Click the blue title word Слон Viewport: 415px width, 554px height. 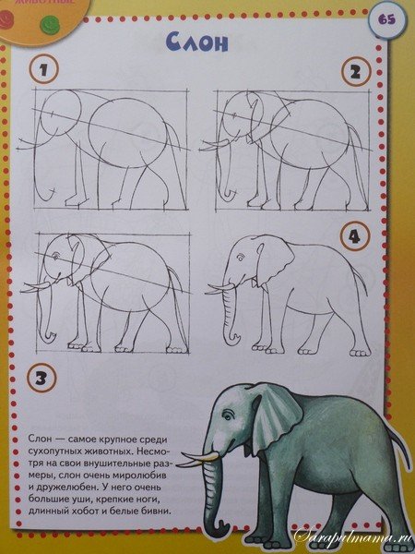[197, 42]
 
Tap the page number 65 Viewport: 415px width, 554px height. [386, 19]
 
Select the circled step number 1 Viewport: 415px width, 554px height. [43, 68]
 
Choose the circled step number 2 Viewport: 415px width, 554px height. [356, 71]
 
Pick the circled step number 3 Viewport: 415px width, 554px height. [41, 378]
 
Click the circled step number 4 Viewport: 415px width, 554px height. [355, 236]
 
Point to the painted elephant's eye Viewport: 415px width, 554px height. [229, 415]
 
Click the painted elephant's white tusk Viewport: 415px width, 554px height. [197, 460]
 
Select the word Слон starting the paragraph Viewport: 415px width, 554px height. [40, 439]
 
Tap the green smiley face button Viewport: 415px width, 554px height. [50, 24]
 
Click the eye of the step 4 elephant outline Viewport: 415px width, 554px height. [240, 258]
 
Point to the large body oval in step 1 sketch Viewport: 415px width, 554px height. [128, 133]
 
